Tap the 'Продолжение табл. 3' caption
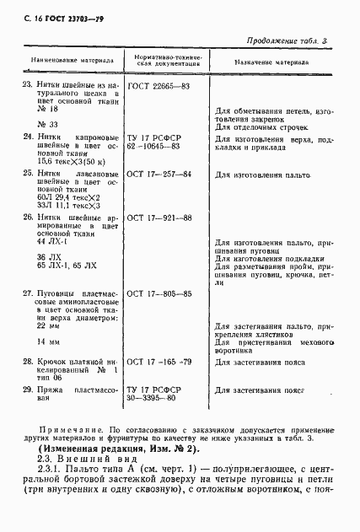click(300, 40)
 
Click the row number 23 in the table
click(25, 87)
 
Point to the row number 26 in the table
click(25, 218)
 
